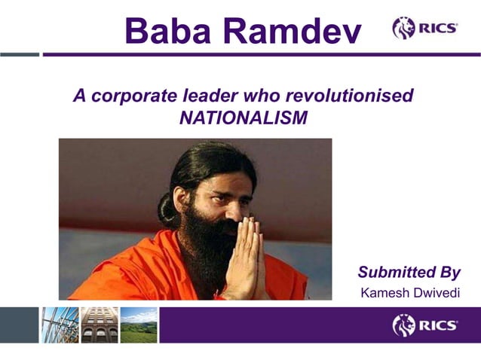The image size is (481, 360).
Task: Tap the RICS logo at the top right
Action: (x=424, y=28)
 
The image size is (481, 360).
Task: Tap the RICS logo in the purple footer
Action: (x=424, y=325)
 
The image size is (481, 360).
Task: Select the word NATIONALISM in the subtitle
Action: (x=244, y=118)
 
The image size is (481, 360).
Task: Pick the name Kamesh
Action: (x=384, y=292)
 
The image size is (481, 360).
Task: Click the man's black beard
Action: (x=204, y=249)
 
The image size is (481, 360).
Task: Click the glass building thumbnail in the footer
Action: (x=60, y=325)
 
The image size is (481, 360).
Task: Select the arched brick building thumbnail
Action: (x=99, y=325)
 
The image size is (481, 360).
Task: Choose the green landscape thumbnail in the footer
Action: (x=139, y=325)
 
